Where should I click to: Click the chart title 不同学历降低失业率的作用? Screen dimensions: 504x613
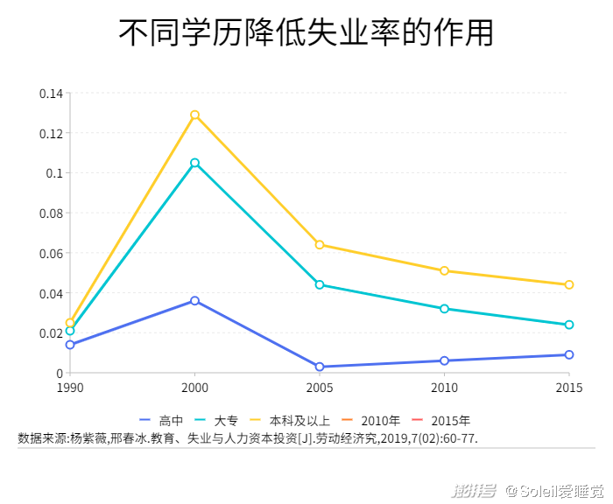[x=306, y=32]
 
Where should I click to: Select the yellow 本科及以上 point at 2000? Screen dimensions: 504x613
[x=194, y=115]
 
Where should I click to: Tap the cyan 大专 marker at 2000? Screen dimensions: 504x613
[x=194, y=163]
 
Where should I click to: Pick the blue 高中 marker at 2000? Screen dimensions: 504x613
[x=194, y=300]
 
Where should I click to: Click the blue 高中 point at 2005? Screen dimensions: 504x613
[x=320, y=367]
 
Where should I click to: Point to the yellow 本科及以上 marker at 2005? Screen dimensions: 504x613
[x=320, y=245]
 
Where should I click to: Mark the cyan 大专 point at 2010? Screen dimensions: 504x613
[x=445, y=309]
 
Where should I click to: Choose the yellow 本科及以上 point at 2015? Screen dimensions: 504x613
[x=569, y=284]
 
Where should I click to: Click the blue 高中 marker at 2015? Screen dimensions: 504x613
[x=569, y=354]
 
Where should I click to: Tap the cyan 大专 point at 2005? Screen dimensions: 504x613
[x=320, y=284]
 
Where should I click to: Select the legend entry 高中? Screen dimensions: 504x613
[x=161, y=421]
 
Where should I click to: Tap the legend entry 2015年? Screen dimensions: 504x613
[x=442, y=421]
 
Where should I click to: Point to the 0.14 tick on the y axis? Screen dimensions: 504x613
[x=52, y=94]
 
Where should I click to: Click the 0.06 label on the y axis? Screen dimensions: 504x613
[x=52, y=253]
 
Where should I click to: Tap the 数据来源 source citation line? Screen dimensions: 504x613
[x=248, y=437]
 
